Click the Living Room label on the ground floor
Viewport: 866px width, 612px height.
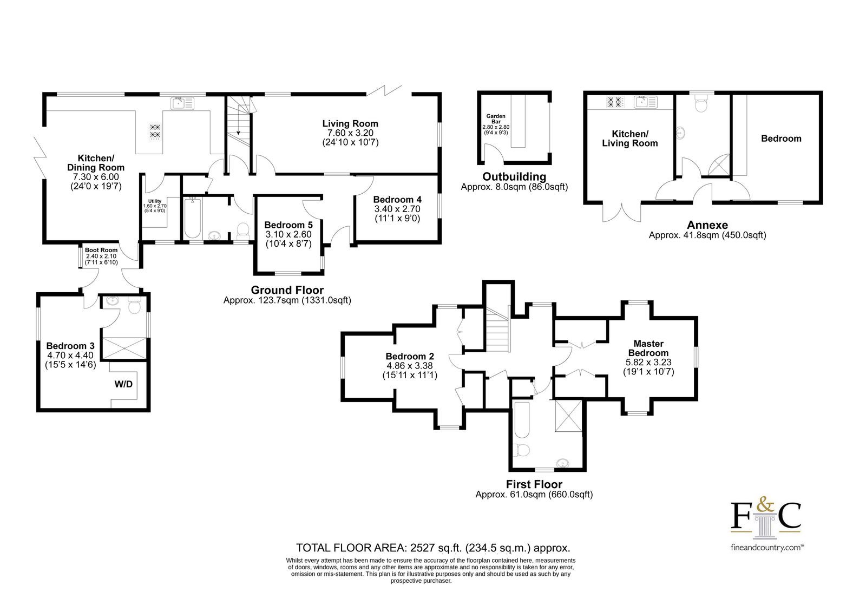click(x=350, y=124)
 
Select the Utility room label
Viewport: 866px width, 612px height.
click(x=155, y=201)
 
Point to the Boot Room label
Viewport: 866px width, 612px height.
click(x=101, y=250)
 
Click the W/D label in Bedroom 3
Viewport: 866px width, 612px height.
click(x=124, y=384)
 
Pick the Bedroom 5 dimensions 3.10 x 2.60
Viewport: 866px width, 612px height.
click(x=288, y=234)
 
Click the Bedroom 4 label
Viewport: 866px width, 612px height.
click(x=397, y=200)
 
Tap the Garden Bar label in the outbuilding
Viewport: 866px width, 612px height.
click(x=496, y=119)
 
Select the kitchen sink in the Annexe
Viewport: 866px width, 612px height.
click(x=646, y=102)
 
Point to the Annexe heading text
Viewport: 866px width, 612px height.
click(x=707, y=225)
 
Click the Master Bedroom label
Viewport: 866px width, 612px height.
click(x=648, y=348)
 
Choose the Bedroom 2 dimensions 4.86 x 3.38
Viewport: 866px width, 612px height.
click(x=410, y=366)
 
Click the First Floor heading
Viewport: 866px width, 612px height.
click(x=534, y=484)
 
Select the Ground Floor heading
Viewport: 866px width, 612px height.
click(x=287, y=290)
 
